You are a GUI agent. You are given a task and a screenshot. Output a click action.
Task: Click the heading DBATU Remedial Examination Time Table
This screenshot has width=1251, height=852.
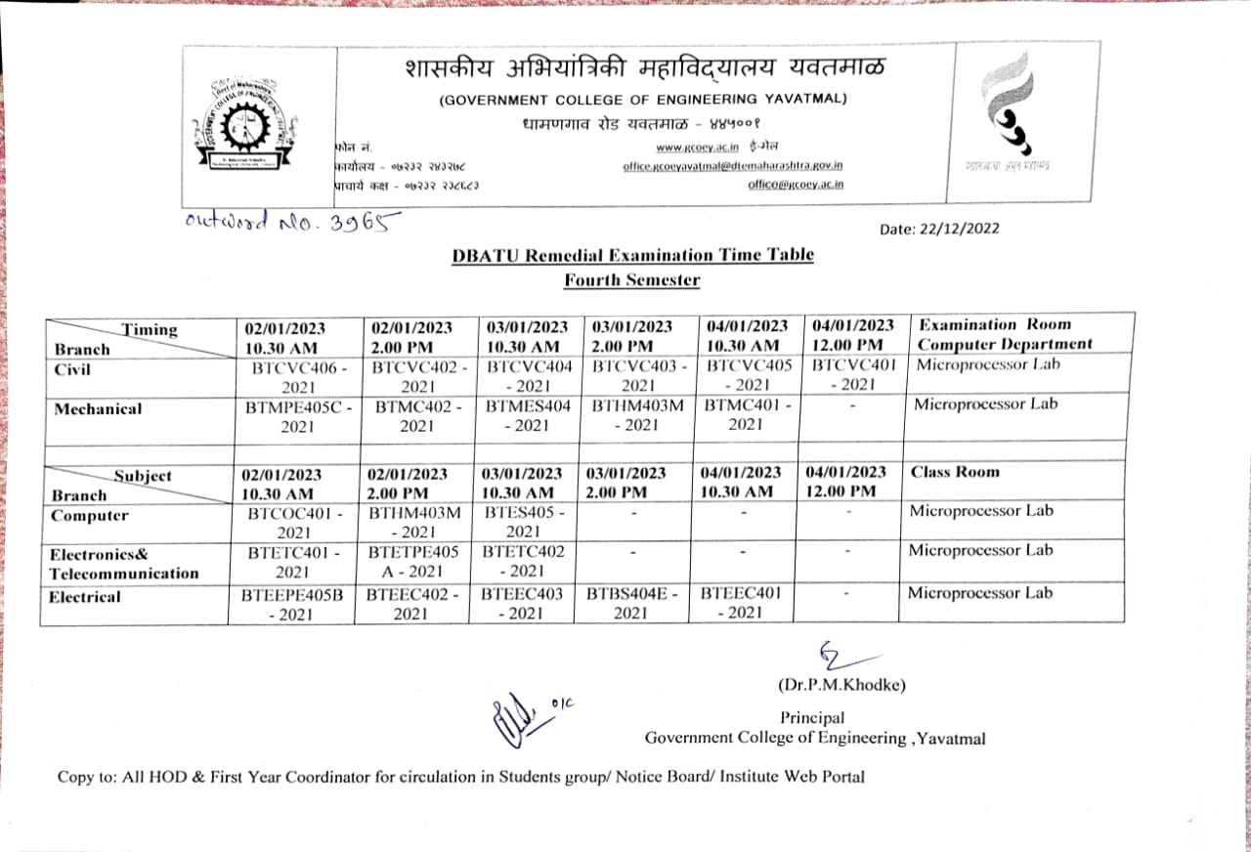632,255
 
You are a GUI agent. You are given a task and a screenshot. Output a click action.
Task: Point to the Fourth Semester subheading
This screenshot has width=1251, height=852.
631,280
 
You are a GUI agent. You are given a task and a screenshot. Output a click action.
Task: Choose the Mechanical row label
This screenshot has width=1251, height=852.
98,409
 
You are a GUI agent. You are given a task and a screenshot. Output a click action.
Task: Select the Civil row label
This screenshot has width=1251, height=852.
73,369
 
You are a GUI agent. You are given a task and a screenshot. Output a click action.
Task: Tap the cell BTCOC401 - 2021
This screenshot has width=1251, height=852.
294,523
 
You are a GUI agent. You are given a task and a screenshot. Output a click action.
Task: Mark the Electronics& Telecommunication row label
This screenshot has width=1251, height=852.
124,564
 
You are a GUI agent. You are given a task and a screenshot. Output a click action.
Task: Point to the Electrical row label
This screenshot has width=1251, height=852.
86,596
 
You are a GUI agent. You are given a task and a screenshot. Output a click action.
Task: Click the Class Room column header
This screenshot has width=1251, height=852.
955,472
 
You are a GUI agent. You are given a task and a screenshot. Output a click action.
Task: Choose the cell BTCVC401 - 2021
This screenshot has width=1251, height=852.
853,375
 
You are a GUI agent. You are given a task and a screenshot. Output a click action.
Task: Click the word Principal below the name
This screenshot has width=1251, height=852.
812,718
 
